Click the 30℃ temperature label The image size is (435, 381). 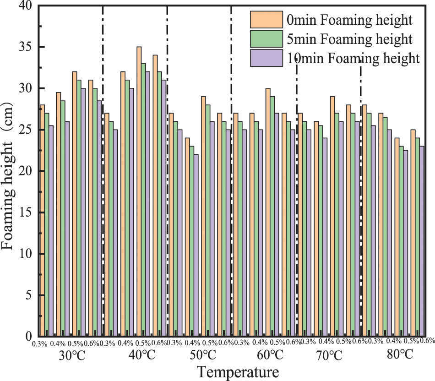[x=72, y=355]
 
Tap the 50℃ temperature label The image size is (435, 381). [x=201, y=355]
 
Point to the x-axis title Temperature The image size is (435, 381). [x=238, y=371]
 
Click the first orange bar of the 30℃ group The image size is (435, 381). [x=42, y=220]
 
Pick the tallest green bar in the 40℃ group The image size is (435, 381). [x=143, y=200]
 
